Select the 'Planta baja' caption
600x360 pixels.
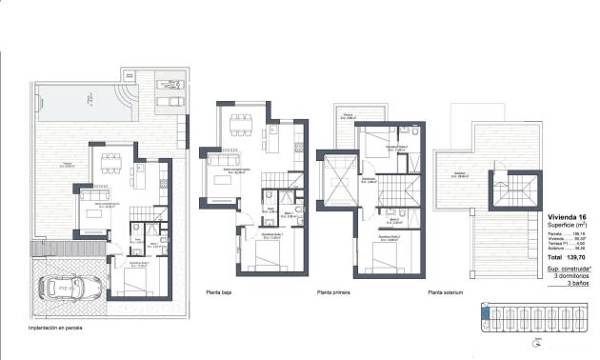(x=220, y=293)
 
